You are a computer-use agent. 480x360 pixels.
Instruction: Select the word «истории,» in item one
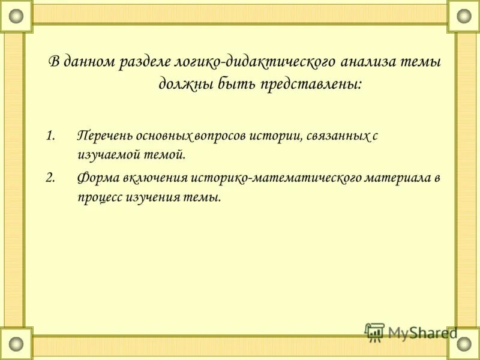click(x=278, y=136)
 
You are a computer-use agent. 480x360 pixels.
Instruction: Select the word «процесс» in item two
click(x=100, y=197)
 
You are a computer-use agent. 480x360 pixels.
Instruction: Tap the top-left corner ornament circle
click(x=16, y=16)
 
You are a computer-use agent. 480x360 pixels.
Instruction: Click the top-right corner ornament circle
click(x=464, y=16)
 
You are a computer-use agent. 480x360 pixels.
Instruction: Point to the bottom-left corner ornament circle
click(x=16, y=344)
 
